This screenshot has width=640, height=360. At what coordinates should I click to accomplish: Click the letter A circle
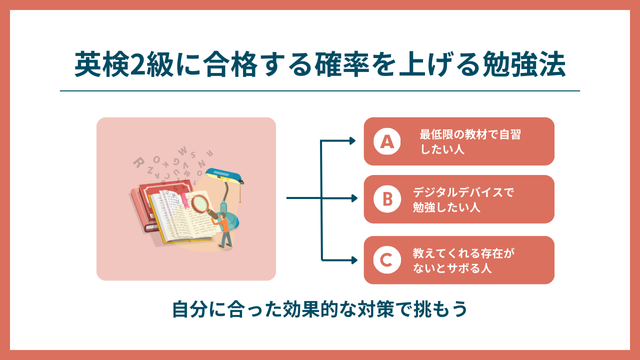click(x=385, y=141)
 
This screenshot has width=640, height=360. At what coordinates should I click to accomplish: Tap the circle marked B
click(x=385, y=199)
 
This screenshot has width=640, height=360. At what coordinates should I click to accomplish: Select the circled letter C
click(x=385, y=258)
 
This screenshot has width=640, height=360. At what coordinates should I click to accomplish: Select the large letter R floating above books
click(x=138, y=161)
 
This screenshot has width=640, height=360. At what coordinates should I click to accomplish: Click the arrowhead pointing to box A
click(x=352, y=141)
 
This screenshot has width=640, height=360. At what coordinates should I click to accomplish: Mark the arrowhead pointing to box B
click(x=352, y=199)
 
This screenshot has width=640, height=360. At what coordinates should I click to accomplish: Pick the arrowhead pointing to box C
click(x=352, y=258)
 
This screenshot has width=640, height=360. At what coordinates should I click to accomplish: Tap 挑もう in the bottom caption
click(x=440, y=310)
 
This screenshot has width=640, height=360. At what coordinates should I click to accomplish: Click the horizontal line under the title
click(x=320, y=91)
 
